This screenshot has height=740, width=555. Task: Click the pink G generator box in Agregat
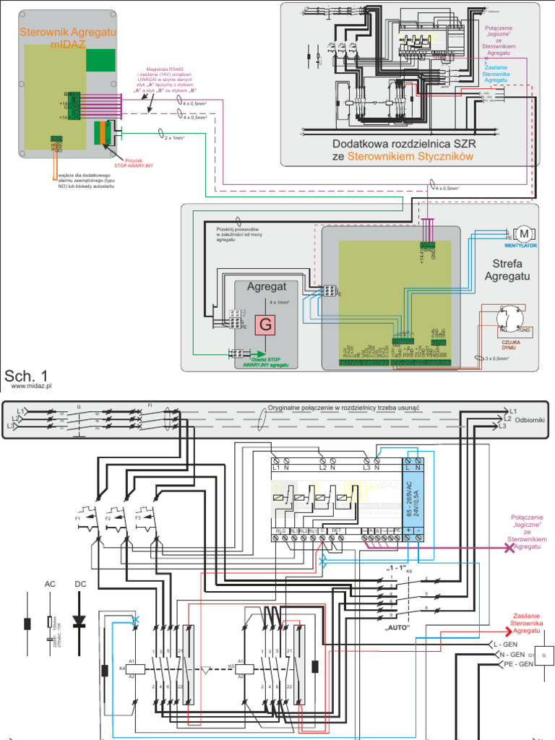pos(265,325)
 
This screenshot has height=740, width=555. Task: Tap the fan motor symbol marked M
pos(525,233)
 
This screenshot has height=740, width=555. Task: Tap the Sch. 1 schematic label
pos(26,376)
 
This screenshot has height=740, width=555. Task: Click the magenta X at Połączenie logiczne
pos(509,548)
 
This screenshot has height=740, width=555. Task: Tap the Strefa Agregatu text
pos(507,270)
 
